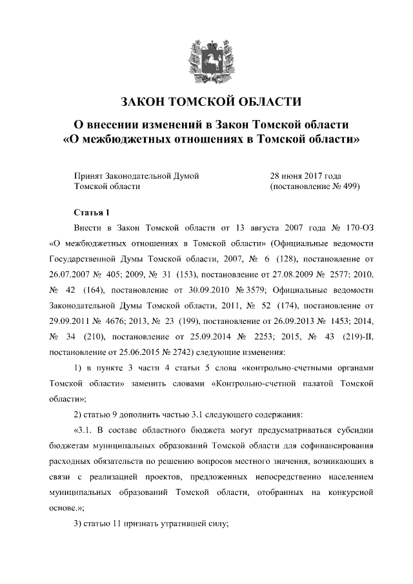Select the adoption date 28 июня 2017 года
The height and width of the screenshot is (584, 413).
(x=305, y=175)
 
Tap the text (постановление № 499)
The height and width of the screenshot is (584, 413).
(x=314, y=186)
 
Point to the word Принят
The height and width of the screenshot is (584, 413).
(x=89, y=175)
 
